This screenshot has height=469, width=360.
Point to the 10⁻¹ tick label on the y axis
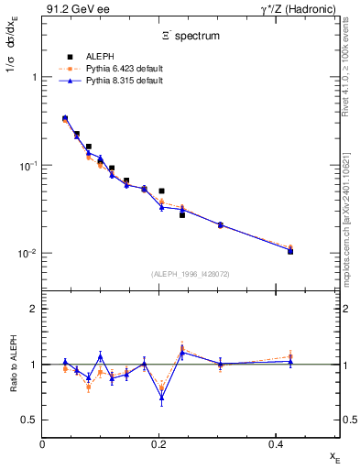point(27,166)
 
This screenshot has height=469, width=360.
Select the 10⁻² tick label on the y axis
point(27,254)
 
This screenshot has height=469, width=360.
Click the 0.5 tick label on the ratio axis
point(28,420)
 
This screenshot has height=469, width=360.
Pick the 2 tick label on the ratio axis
point(33,310)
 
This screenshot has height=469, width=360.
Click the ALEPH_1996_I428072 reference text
point(191,274)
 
